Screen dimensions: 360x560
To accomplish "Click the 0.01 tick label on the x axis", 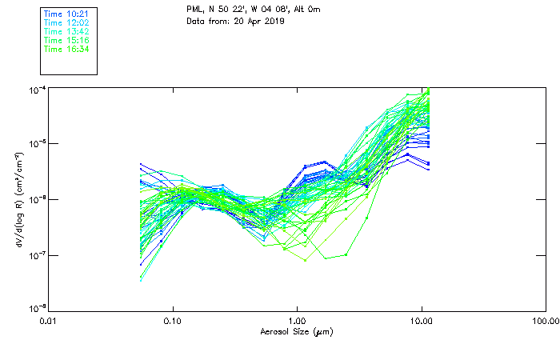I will coord(49,321).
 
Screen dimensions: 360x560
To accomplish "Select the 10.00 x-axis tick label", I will coord(421,321).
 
